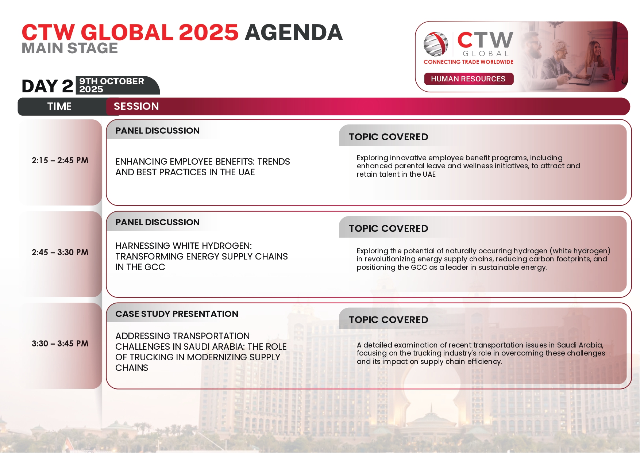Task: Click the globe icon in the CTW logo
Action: click(436, 44)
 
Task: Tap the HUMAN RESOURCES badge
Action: click(469, 79)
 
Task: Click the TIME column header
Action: click(59, 106)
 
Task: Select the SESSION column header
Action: click(136, 106)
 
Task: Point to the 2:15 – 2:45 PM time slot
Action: click(60, 160)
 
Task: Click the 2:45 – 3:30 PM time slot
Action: click(60, 252)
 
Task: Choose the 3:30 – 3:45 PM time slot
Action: click(60, 343)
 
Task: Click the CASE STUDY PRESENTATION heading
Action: click(177, 314)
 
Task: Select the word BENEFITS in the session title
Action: click(235, 162)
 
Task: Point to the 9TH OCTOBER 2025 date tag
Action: click(112, 85)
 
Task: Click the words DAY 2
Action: click(47, 86)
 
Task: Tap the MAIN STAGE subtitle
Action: click(70, 48)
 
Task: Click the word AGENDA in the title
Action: click(294, 32)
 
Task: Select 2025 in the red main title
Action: click(209, 32)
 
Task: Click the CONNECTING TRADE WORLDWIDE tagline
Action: click(469, 62)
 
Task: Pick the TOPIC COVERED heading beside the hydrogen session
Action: click(389, 229)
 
